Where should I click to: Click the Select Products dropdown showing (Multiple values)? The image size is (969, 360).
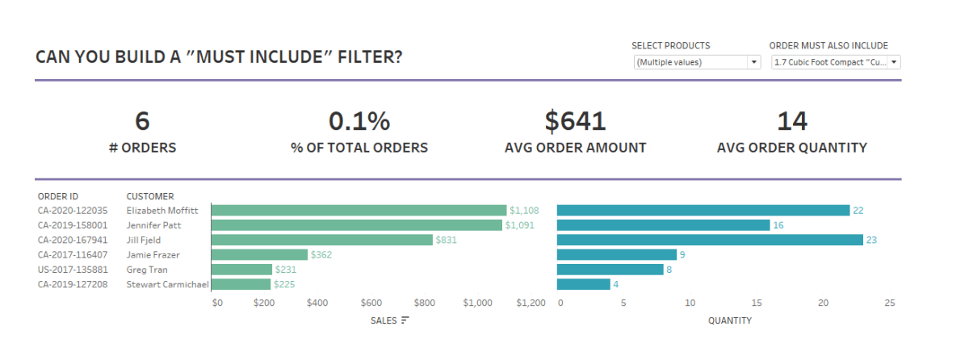click(x=696, y=62)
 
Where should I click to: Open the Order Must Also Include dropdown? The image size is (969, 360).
click(x=835, y=62)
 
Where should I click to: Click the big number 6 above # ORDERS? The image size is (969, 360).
click(x=142, y=121)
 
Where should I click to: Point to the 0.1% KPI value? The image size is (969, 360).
click(x=359, y=121)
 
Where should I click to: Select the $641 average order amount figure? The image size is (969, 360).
click(x=575, y=121)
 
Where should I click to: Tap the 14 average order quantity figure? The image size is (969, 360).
click(x=791, y=121)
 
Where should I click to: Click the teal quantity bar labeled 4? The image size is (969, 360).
click(x=583, y=284)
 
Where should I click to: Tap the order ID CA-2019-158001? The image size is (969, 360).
click(x=73, y=225)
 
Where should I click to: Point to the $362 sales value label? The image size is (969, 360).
click(x=322, y=255)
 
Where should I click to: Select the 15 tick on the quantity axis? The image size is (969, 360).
click(x=756, y=303)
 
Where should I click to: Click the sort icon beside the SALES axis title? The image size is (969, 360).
click(x=405, y=320)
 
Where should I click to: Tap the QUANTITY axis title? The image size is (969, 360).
click(x=729, y=320)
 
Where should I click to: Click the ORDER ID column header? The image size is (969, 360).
click(x=58, y=196)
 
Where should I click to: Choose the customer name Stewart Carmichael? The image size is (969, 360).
click(x=168, y=284)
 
